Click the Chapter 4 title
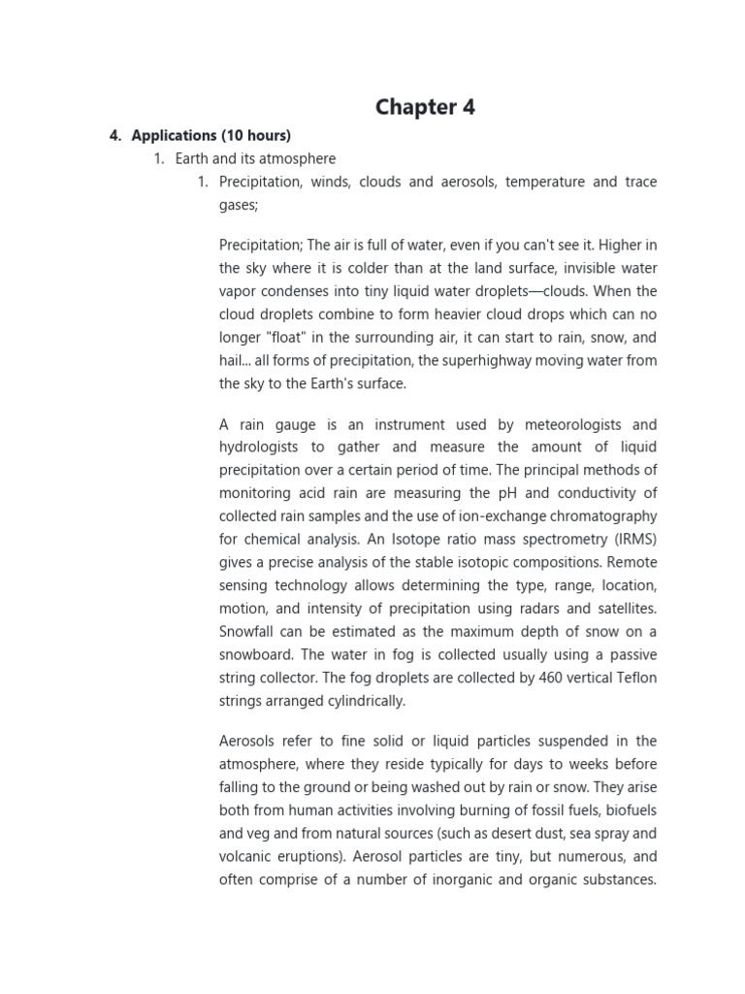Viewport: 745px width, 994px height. point(425,107)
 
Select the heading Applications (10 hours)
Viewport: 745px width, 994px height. point(211,135)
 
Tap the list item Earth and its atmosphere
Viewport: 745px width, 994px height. point(255,158)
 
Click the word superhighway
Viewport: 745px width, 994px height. point(498,360)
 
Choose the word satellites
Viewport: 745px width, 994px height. point(622,609)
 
